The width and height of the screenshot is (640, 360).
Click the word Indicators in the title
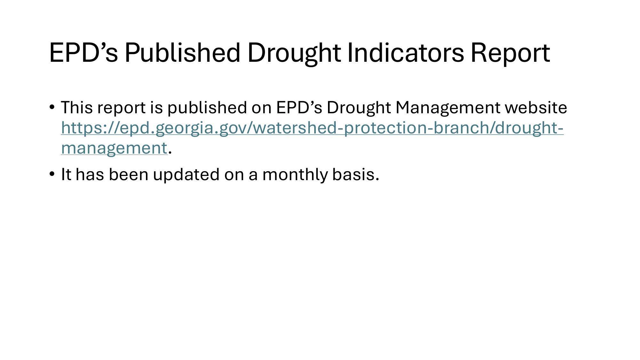[x=405, y=52]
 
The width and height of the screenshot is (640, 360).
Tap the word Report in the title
[x=510, y=53]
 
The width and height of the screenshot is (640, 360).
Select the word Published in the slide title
[x=182, y=52]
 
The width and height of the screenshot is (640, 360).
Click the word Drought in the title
[x=294, y=53]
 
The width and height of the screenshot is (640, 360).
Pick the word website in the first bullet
[x=536, y=108]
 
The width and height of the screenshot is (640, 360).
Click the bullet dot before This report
[x=52, y=107]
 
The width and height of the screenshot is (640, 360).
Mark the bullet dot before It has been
[x=52, y=174]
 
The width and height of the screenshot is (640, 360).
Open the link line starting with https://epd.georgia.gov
[x=312, y=128]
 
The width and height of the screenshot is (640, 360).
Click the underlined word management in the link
[x=114, y=148]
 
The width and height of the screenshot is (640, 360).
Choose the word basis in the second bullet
[x=355, y=175]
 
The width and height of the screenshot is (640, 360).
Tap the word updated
[x=186, y=175]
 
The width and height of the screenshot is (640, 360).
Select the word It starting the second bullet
[x=66, y=175]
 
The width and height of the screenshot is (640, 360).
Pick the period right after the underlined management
[x=170, y=152]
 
